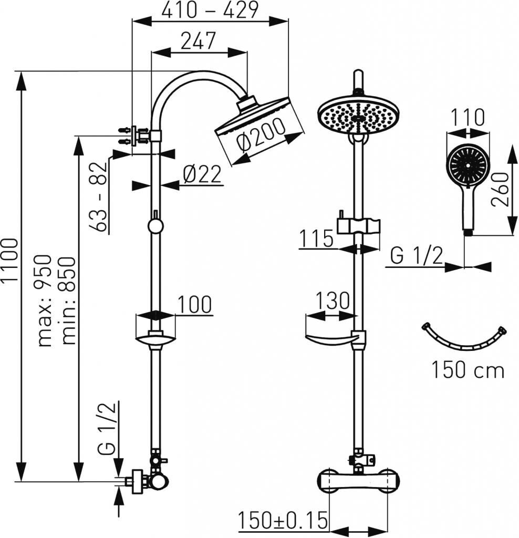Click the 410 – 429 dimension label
pos(210,11)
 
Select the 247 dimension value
pos(198,41)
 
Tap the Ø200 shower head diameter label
pos(261,135)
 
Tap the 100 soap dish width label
pos(194,304)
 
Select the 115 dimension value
pos(316,239)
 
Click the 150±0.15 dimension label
pos(283,521)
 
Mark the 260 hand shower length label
pos(499,189)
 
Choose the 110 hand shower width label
pos(467,117)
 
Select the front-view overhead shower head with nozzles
pos(358,117)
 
